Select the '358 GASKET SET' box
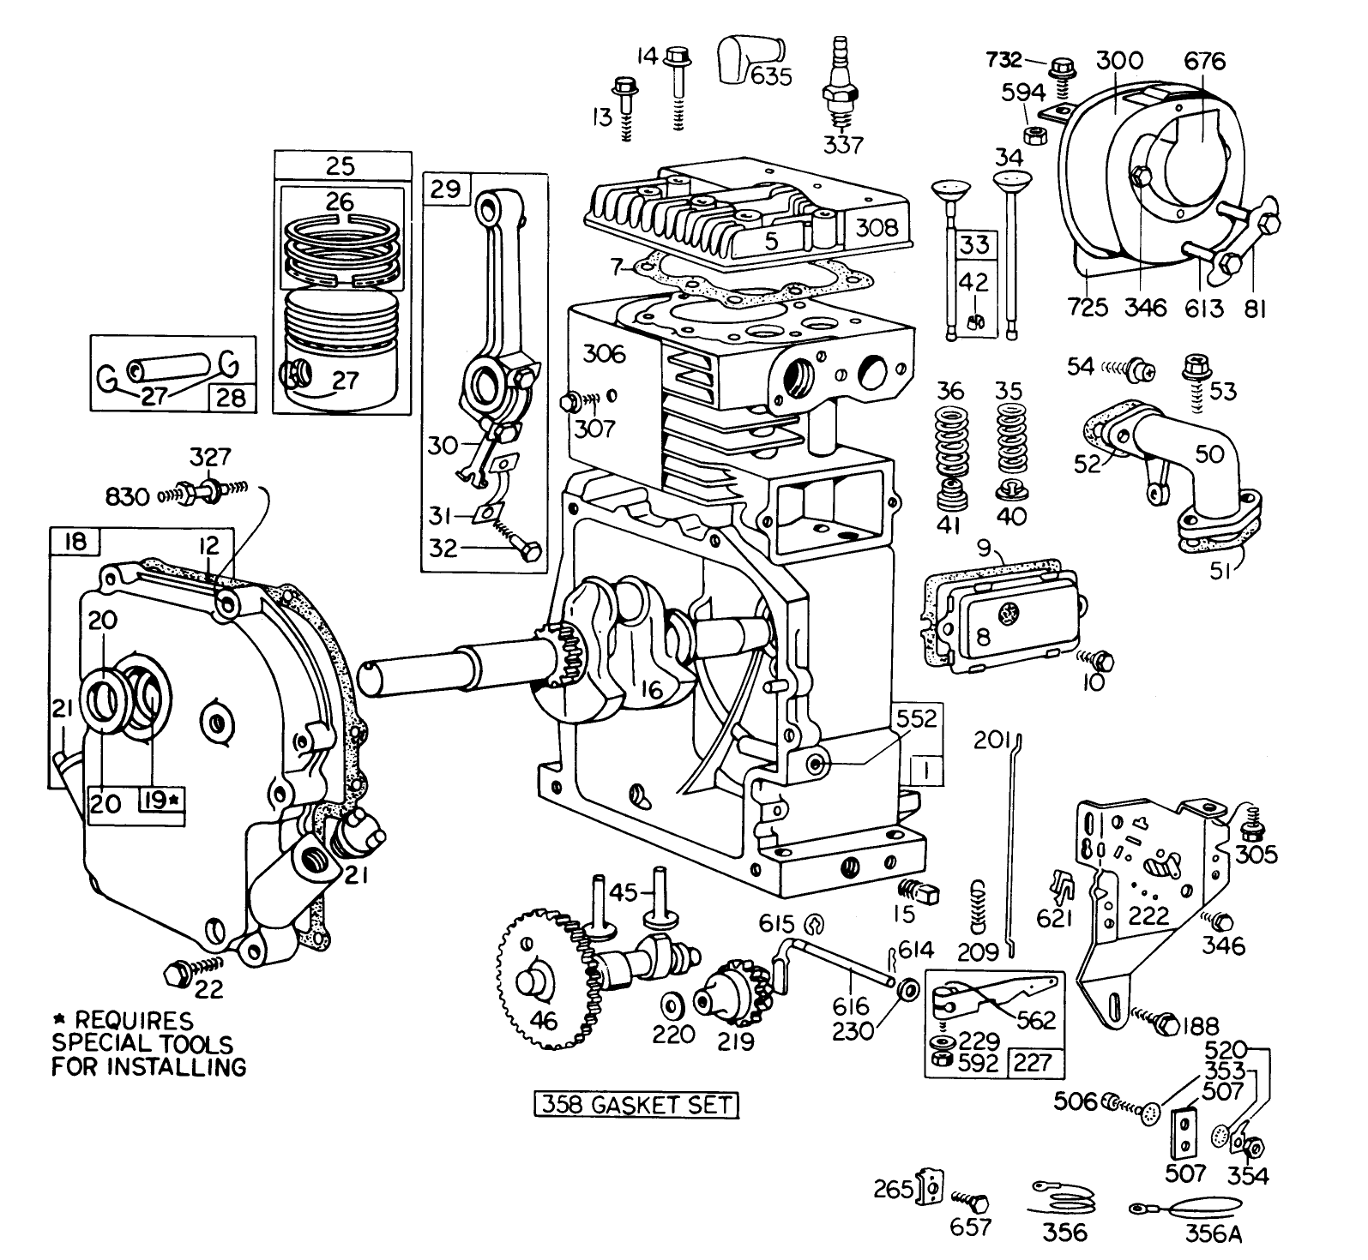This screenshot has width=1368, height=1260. [x=636, y=1105]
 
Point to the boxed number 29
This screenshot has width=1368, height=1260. [x=446, y=189]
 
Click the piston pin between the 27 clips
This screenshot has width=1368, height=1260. [x=171, y=370]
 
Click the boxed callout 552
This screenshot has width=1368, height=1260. [x=917, y=717]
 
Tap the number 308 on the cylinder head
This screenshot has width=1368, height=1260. [x=877, y=227]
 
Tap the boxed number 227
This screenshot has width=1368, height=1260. [x=1033, y=1062]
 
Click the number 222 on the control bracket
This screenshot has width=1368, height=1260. [x=1148, y=915]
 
